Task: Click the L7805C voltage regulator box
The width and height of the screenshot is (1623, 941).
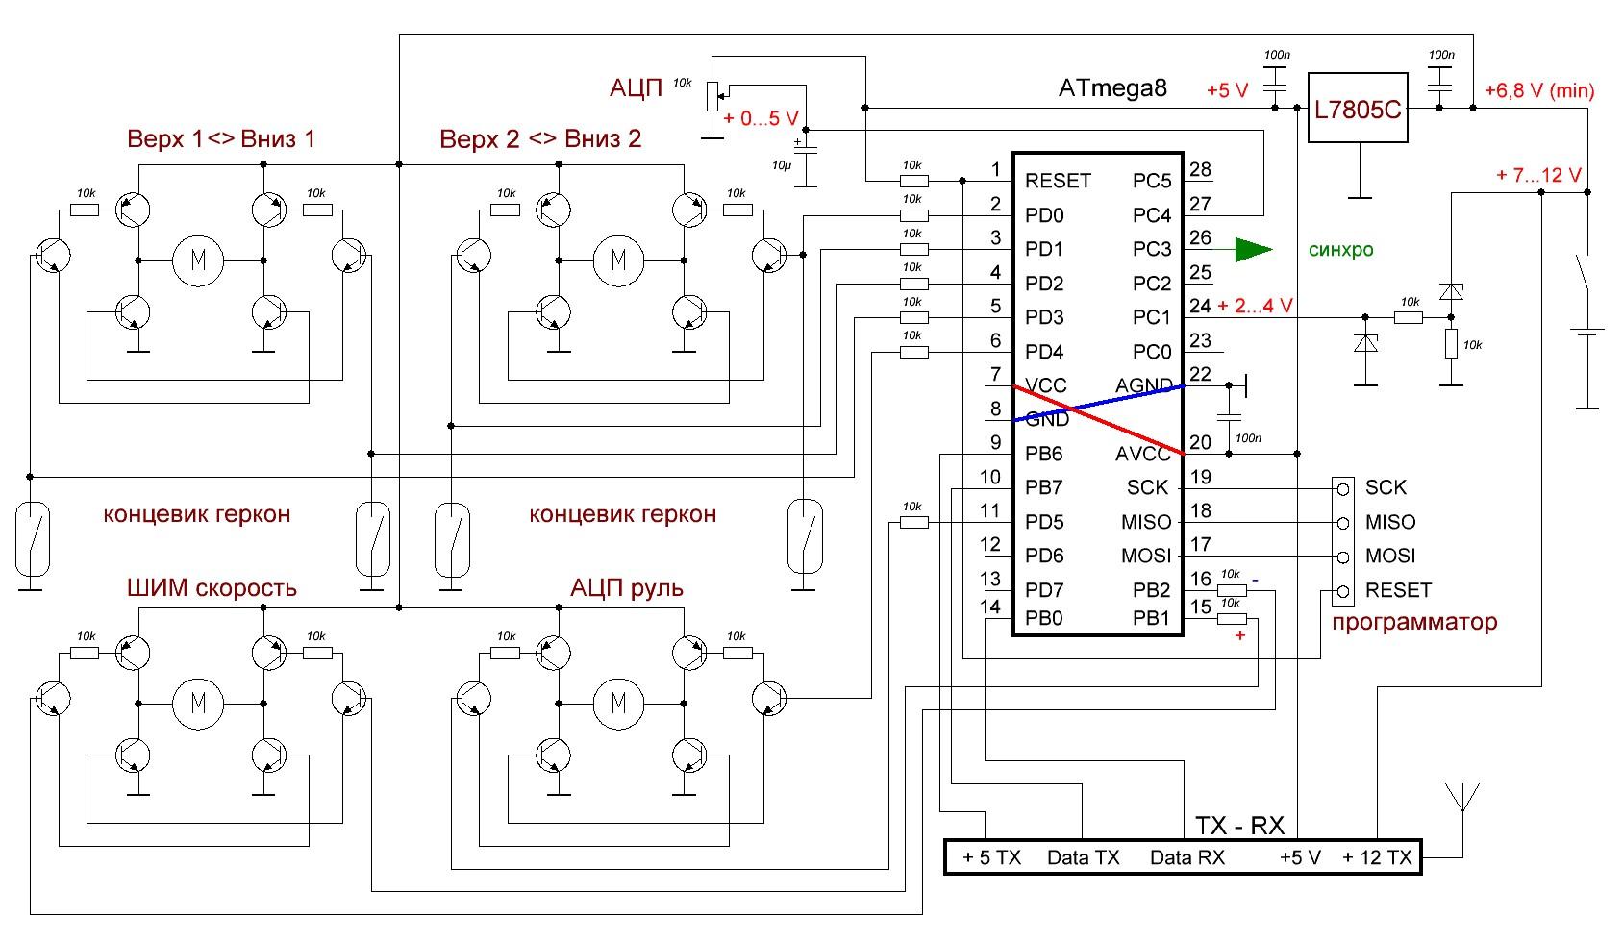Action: (1358, 109)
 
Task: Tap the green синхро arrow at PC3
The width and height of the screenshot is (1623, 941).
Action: (1254, 250)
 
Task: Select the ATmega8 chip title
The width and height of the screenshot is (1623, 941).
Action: (1112, 88)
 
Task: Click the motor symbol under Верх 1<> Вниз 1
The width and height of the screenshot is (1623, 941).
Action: (198, 260)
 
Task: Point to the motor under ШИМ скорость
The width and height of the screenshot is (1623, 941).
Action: (198, 703)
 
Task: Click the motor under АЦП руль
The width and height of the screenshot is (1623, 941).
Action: (617, 703)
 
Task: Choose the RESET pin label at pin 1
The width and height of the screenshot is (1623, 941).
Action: (1058, 181)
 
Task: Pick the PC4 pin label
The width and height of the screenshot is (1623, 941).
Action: (1151, 215)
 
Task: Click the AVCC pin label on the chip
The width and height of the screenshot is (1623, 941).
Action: (1143, 454)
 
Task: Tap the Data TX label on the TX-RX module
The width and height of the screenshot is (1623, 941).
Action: (1083, 858)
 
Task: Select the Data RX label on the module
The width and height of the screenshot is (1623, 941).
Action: (1186, 858)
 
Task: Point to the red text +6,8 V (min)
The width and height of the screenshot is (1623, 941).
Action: (1539, 91)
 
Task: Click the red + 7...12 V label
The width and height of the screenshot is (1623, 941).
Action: (1538, 175)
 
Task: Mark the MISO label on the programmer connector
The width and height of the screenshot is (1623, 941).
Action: (1390, 522)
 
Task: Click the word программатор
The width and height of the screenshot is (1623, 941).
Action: (1414, 622)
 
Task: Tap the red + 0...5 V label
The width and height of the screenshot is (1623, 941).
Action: (761, 118)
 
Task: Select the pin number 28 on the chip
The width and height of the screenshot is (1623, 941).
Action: (1200, 170)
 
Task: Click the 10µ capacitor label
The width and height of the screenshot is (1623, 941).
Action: (781, 165)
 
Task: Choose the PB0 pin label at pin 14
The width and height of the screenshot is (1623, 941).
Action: (1044, 618)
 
